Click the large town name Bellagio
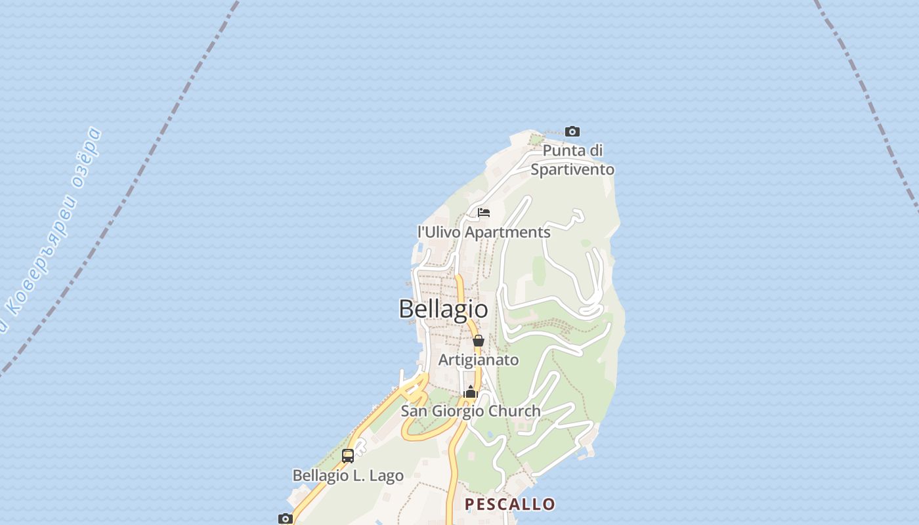click(443, 308)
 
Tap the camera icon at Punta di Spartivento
click(572, 132)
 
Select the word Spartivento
click(572, 169)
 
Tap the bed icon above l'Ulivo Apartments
click(484, 213)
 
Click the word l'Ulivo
click(440, 232)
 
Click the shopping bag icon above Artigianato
click(479, 341)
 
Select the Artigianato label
click(479, 360)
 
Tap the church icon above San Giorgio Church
click(470, 392)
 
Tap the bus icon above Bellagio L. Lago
click(348, 455)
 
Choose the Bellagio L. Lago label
click(348, 475)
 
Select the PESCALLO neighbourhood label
click(510, 504)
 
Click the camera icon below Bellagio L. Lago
click(286, 518)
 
